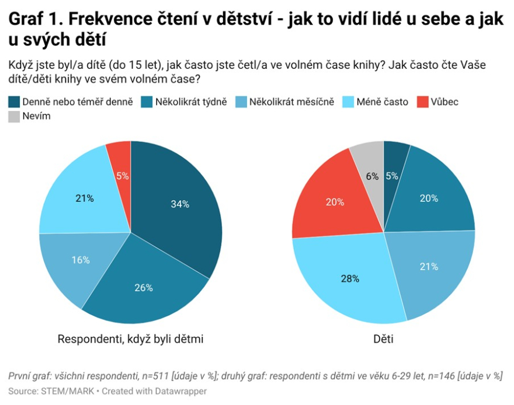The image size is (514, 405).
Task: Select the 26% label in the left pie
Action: coord(144,288)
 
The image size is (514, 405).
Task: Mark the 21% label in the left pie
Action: coord(85,198)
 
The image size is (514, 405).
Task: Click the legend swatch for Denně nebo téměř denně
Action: coord(14,102)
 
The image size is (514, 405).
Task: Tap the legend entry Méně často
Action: coord(384,102)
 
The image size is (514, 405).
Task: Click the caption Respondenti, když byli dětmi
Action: coord(130,339)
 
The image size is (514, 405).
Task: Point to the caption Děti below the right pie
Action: coord(383,339)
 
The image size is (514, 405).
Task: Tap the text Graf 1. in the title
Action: coord(34,20)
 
